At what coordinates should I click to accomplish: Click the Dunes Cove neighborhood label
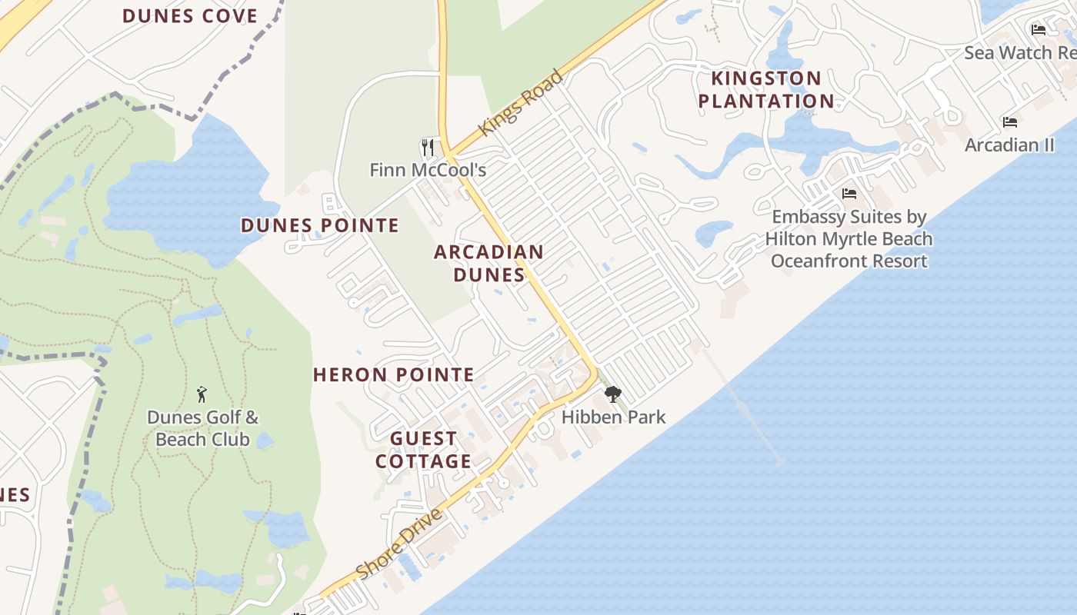click(x=190, y=15)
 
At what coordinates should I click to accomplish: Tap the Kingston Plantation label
click(x=766, y=89)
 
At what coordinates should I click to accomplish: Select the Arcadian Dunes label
click(x=488, y=263)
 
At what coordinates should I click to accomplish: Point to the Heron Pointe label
click(x=393, y=374)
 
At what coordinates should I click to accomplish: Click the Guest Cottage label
click(x=423, y=450)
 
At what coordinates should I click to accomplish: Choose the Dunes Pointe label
click(x=320, y=225)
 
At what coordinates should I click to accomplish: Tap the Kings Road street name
click(x=521, y=103)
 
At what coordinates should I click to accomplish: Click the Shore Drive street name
click(x=400, y=544)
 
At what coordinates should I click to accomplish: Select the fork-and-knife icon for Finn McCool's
click(x=428, y=147)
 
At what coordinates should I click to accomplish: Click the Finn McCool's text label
click(x=428, y=170)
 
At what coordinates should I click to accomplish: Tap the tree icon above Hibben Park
click(x=613, y=395)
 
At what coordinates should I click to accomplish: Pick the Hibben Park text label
click(x=613, y=417)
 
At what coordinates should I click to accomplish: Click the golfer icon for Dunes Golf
click(x=202, y=394)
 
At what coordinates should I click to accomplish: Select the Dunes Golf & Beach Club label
click(x=203, y=428)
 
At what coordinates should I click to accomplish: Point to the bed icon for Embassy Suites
click(x=849, y=193)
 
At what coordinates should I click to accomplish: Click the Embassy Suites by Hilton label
click(x=849, y=238)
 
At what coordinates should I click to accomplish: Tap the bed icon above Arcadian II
click(x=1010, y=122)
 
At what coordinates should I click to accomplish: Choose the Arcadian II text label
click(x=1010, y=145)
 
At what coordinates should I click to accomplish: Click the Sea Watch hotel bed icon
click(x=1039, y=30)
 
